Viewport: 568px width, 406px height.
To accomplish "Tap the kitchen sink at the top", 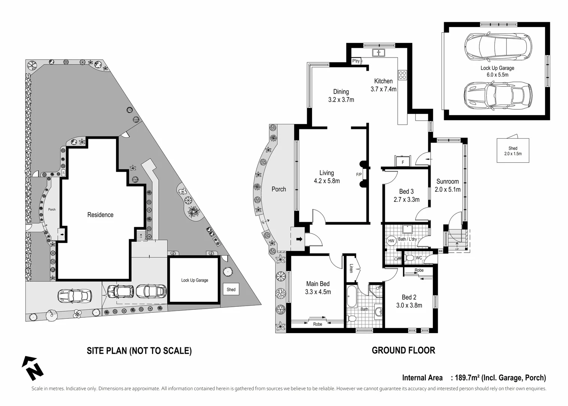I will click(379, 53).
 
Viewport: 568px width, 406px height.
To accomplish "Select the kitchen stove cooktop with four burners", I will click(402, 75).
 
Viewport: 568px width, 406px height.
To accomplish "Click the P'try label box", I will click(356, 61).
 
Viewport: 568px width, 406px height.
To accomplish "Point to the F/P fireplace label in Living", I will click(359, 174).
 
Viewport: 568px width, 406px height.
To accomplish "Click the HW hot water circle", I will click(391, 241).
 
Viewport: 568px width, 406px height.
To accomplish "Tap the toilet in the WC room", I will click(409, 258).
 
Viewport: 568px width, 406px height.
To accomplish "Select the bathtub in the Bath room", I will click(352, 296).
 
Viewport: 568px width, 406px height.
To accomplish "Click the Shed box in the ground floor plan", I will click(513, 151).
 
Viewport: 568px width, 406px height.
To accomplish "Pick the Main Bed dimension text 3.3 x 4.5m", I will click(318, 292).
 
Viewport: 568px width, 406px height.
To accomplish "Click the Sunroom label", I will click(447, 181).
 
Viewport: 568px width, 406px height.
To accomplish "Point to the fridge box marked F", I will click(403, 162).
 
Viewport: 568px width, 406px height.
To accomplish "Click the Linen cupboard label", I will click(351, 268).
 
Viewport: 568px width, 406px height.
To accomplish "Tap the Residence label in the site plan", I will click(100, 215).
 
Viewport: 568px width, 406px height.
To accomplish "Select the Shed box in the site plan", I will click(231, 289).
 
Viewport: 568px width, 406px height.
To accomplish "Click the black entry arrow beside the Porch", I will click(299, 239).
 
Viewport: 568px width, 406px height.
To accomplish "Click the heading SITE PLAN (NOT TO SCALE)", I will click(139, 351).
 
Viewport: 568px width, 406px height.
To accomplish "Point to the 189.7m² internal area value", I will click(467, 378).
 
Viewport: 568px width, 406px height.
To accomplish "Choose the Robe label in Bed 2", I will click(419, 270).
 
